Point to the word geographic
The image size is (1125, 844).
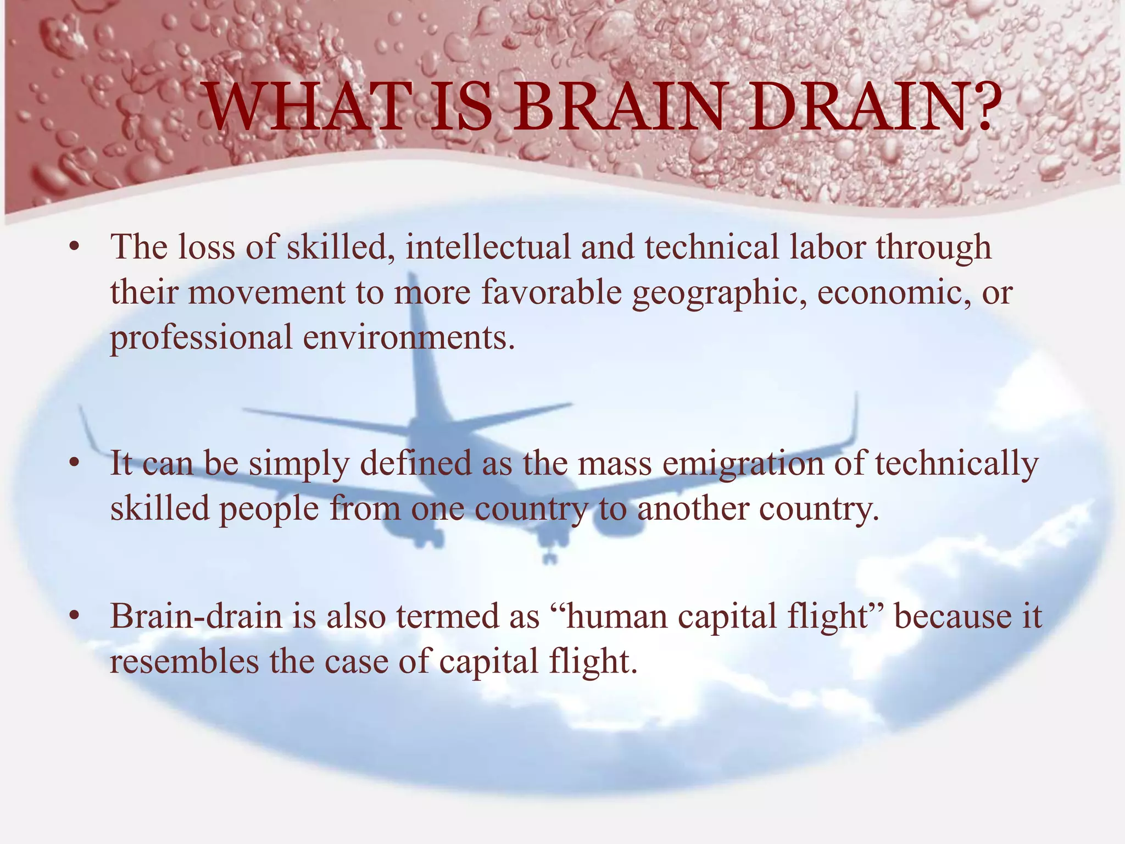[x=719, y=293]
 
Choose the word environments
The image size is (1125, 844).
[x=409, y=337]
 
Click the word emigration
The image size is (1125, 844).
[x=743, y=464]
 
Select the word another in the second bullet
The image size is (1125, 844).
[x=693, y=509]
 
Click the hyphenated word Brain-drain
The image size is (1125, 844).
[x=196, y=616]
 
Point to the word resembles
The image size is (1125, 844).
[x=184, y=661]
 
